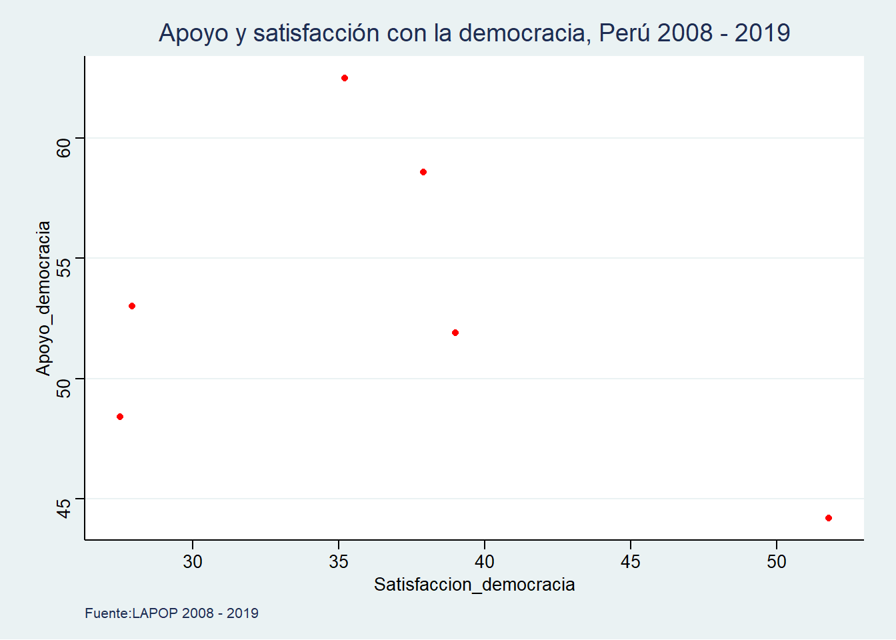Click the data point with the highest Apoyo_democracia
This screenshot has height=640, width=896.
[x=345, y=78]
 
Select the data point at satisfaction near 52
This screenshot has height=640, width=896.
[x=829, y=518]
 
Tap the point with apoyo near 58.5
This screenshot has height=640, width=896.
[x=423, y=172]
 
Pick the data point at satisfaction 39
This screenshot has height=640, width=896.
[x=455, y=333]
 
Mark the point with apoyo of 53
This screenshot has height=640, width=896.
[x=132, y=306]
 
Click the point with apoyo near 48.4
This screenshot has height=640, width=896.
[x=120, y=417]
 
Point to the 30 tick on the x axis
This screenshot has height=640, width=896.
[x=193, y=562]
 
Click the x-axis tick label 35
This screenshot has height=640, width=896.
[x=339, y=562]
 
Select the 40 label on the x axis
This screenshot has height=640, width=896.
[x=485, y=562]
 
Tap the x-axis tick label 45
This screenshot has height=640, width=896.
[x=631, y=562]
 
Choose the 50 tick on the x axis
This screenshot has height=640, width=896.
[x=777, y=562]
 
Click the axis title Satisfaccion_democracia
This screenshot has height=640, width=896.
[x=474, y=585]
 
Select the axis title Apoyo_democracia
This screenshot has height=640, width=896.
[x=43, y=298]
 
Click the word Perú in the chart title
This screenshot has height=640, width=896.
[x=622, y=33]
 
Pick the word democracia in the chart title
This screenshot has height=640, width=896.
[x=523, y=33]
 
